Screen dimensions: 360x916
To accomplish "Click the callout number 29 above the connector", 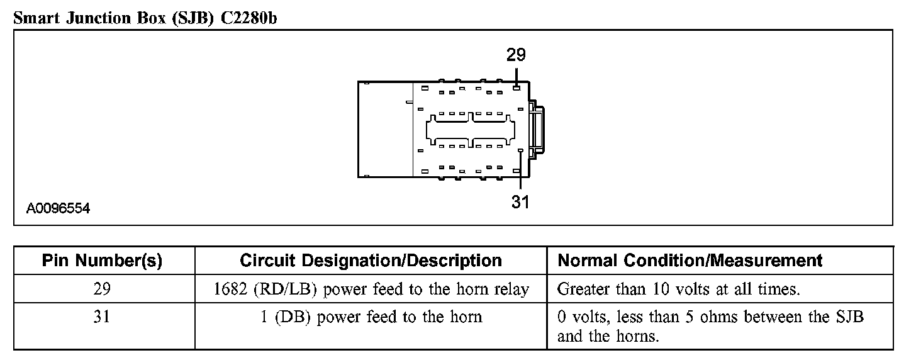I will pyautogui.click(x=516, y=55).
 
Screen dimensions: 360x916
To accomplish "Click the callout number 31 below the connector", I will pyautogui.click(x=520, y=202).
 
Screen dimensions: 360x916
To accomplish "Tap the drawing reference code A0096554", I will pyautogui.click(x=58, y=208).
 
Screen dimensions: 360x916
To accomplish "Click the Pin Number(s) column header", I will pyautogui.click(x=103, y=261).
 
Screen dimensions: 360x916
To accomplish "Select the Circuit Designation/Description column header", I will pyautogui.click(x=371, y=261).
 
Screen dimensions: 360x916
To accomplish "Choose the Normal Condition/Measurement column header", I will pyautogui.click(x=690, y=261).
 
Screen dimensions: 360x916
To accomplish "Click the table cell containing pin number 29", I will pyautogui.click(x=103, y=289).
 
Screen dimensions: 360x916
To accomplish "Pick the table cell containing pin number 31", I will pyautogui.click(x=103, y=317).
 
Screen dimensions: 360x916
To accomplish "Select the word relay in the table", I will pyautogui.click(x=511, y=290).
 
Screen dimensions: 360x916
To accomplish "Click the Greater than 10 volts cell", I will pyautogui.click(x=678, y=290).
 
